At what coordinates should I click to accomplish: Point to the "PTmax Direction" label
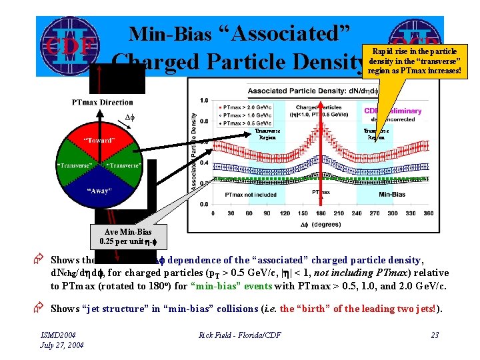[103, 102]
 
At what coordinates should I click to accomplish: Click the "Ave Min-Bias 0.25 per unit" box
[126, 236]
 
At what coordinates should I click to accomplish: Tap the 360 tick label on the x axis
[428, 214]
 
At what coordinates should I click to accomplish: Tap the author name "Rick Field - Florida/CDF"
[239, 335]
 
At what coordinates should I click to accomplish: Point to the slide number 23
[434, 335]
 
